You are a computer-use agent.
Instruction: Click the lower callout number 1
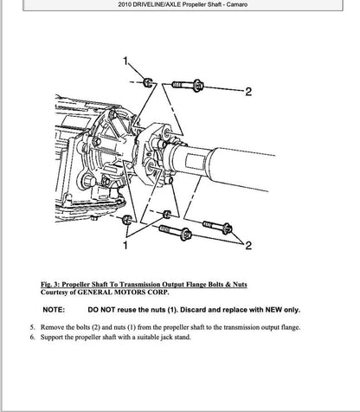[x=126, y=247]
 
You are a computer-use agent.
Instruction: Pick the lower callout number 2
[x=248, y=247]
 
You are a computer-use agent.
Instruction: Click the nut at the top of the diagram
[x=148, y=83]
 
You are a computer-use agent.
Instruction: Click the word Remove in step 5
[x=54, y=327]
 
